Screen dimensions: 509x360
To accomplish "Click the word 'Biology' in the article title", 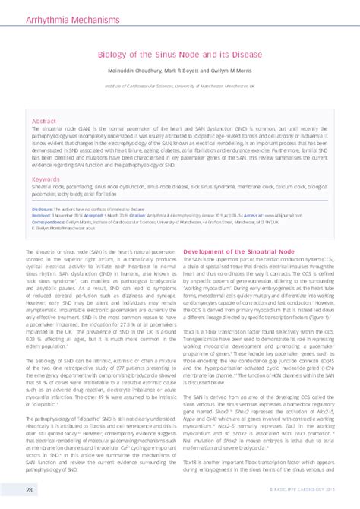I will coord(111,55).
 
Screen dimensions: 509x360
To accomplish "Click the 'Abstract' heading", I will coord(43,121).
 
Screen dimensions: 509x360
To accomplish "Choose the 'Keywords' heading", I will coord(46,179).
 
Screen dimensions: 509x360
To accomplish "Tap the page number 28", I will coord(28,490).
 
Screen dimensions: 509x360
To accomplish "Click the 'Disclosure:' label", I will coord(42,208).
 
